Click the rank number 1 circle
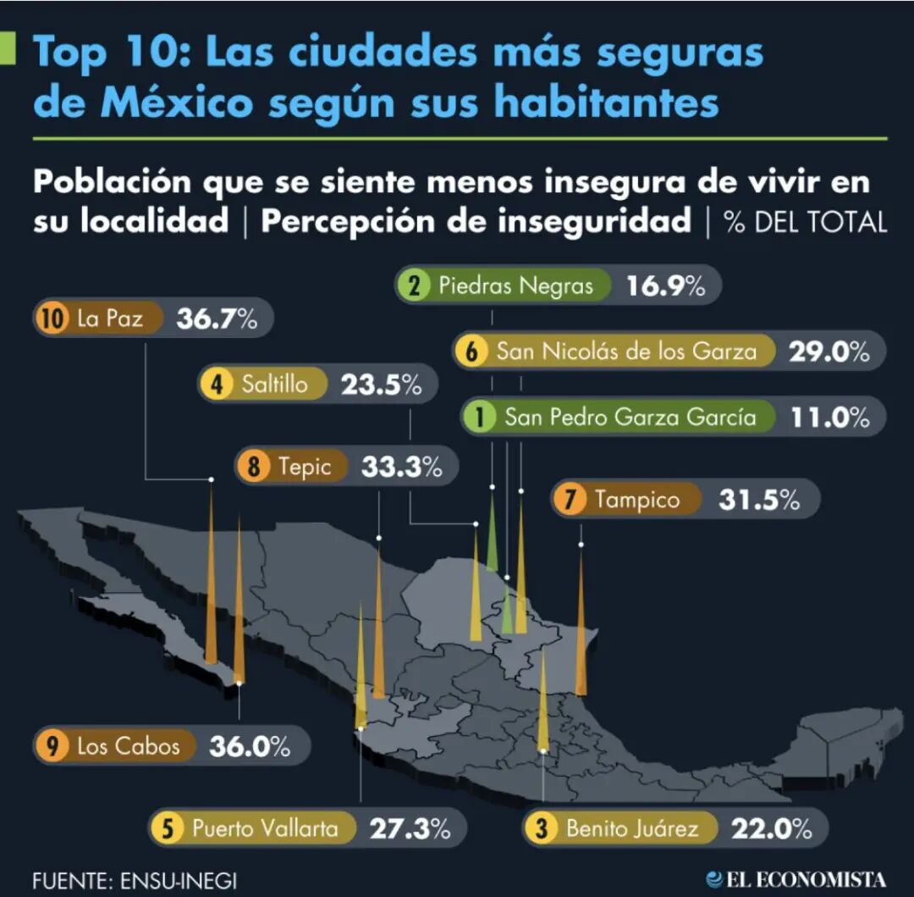(x=482, y=417)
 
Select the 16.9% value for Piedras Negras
(x=666, y=286)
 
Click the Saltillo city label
(x=274, y=385)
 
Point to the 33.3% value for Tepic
(x=401, y=466)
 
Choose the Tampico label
(x=636, y=500)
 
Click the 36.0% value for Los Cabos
(x=250, y=746)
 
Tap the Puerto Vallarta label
(x=265, y=828)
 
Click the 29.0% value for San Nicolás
(x=829, y=352)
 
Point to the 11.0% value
(x=829, y=417)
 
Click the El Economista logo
(x=796, y=878)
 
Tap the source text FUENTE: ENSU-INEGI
(x=135, y=879)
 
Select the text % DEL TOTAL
(x=805, y=222)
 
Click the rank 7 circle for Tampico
(x=570, y=500)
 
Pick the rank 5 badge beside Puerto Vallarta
(x=168, y=828)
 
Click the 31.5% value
(x=759, y=500)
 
